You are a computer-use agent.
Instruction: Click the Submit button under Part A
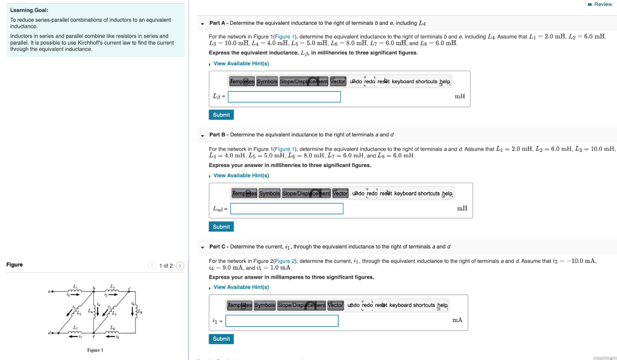click(x=221, y=115)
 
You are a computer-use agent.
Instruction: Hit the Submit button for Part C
click(x=221, y=339)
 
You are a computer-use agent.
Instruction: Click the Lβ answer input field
click(x=284, y=96)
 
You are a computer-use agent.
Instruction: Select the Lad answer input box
click(x=286, y=209)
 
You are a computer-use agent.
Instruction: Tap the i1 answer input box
click(x=281, y=321)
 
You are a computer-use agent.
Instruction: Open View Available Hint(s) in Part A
click(x=241, y=63)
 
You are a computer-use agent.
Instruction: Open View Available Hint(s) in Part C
click(x=241, y=287)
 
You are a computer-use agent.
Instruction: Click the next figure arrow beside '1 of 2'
click(x=179, y=266)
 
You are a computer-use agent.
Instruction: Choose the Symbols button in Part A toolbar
click(x=267, y=81)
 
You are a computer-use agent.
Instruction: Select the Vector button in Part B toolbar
click(x=340, y=194)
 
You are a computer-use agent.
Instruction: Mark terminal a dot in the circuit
click(x=54, y=292)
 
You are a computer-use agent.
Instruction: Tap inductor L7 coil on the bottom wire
click(x=75, y=332)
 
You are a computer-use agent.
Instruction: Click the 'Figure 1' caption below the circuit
click(x=95, y=350)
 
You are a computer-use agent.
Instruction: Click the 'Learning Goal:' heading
click(x=29, y=10)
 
